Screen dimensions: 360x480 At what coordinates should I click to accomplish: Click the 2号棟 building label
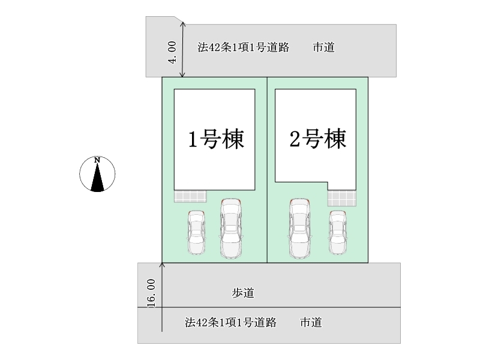(x=317, y=140)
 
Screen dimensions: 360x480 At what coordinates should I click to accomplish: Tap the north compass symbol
(x=97, y=174)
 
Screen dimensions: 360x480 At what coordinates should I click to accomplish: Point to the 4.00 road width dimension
(x=172, y=52)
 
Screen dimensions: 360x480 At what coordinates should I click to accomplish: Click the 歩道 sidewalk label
(x=243, y=293)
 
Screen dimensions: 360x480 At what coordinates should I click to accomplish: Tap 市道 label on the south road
(x=311, y=323)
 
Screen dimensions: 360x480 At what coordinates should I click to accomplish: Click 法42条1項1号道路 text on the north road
(x=243, y=47)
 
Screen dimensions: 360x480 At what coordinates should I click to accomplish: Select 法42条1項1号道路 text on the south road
(x=230, y=323)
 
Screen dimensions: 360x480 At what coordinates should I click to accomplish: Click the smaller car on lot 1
(x=196, y=233)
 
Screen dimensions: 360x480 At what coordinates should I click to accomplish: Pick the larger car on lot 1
(x=230, y=229)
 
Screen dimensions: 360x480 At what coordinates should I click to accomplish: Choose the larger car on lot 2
(x=299, y=229)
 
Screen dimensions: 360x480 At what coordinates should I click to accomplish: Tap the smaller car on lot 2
(x=338, y=233)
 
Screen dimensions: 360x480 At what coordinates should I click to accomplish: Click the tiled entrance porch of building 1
(x=190, y=196)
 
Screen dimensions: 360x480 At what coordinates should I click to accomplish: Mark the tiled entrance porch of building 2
(x=341, y=197)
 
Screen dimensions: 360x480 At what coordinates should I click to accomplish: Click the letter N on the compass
(x=97, y=160)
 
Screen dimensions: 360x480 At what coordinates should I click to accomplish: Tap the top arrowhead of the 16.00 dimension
(x=162, y=263)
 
